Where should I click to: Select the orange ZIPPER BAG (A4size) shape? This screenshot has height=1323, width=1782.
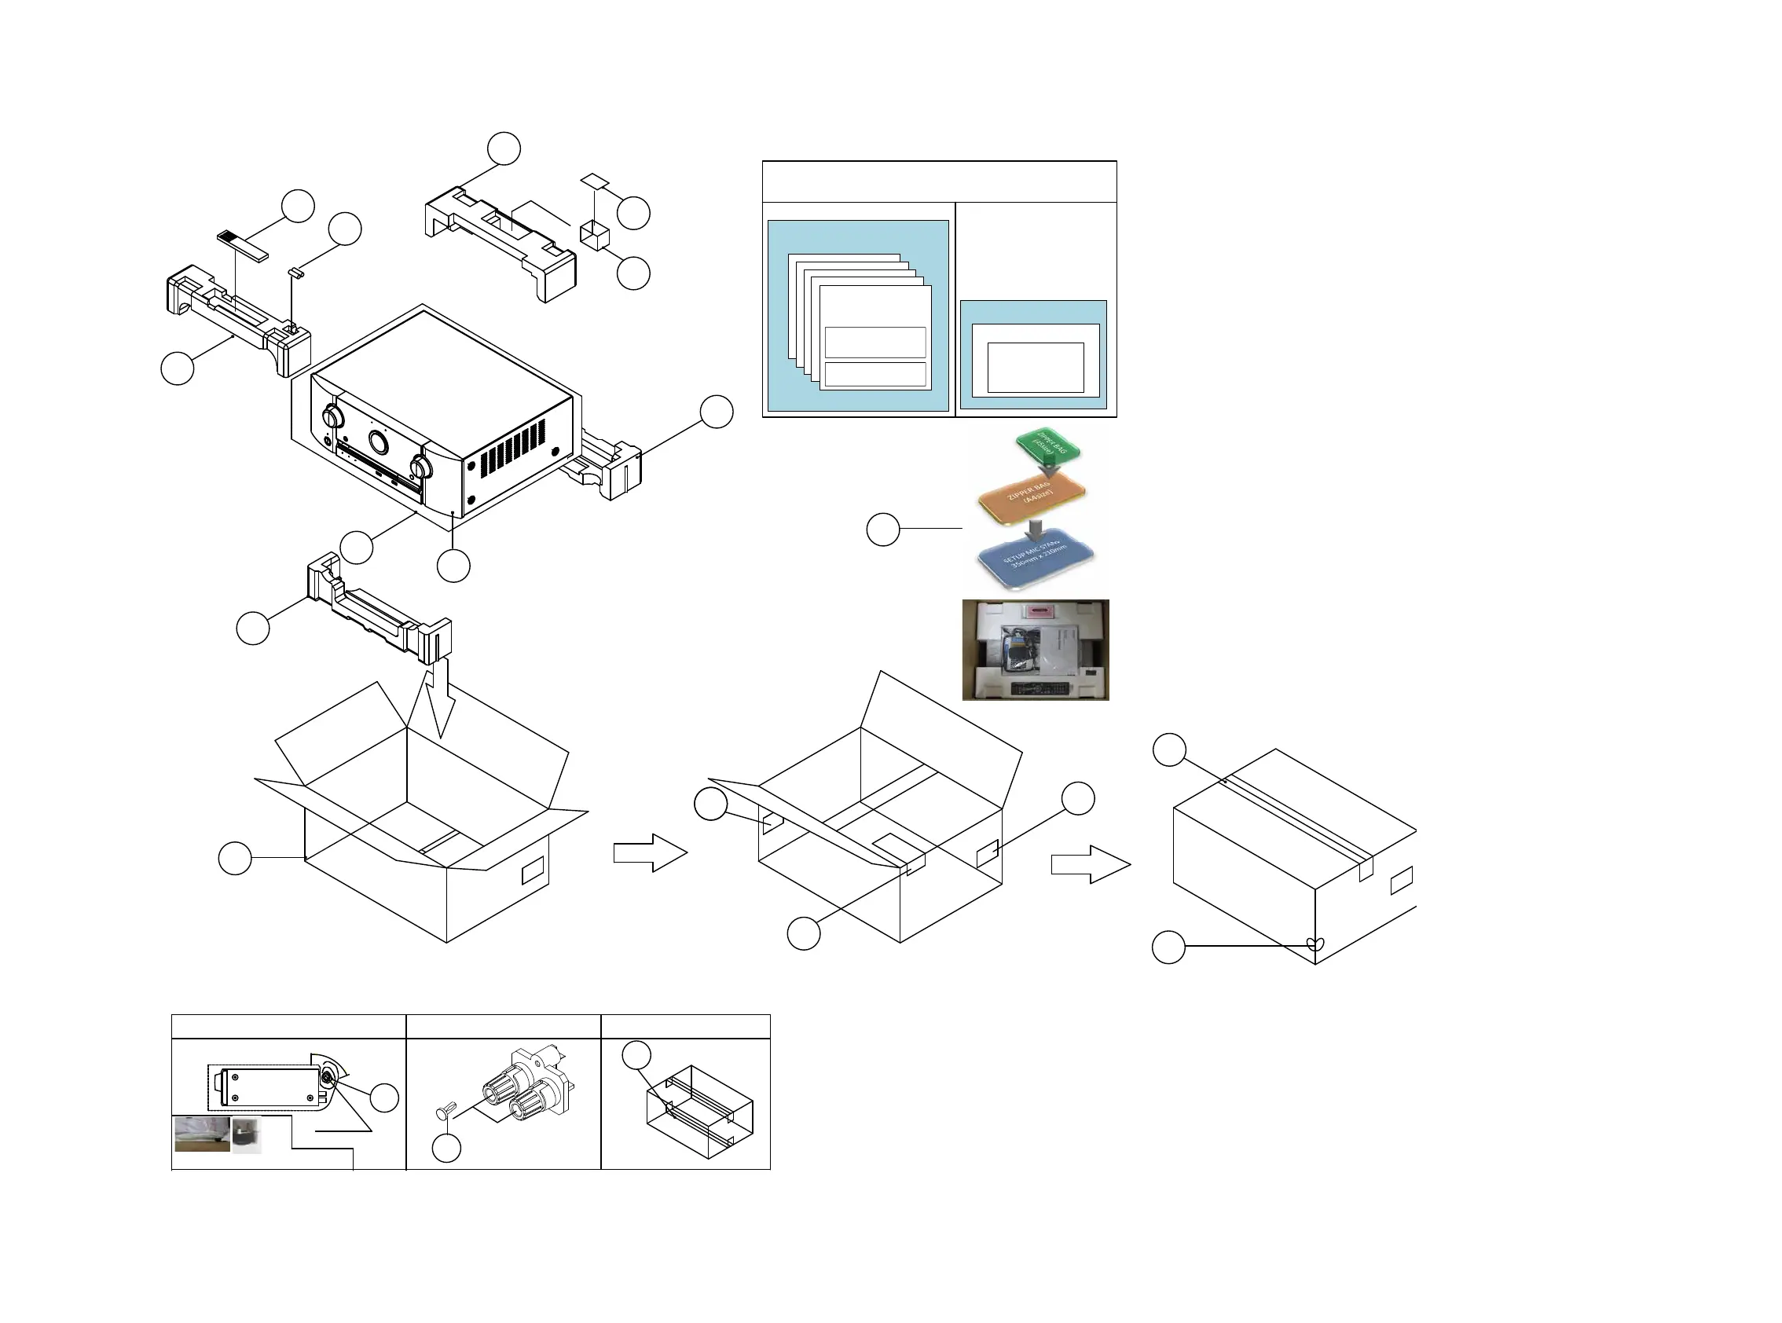1032,496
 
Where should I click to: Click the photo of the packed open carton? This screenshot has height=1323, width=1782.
1035,650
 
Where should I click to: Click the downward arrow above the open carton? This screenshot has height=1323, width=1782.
439,695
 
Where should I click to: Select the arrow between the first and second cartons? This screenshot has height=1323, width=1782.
650,852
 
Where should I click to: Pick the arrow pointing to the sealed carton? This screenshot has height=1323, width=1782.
1089,865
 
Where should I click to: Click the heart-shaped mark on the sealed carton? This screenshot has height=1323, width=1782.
1315,944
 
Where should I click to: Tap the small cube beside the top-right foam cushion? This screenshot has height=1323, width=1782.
594,235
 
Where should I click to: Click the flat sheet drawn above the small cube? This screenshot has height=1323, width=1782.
595,180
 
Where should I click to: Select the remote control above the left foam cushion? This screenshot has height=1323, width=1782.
242,246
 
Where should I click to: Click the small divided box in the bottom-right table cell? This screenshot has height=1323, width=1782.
698,1111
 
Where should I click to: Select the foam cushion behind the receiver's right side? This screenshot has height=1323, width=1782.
613,465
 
